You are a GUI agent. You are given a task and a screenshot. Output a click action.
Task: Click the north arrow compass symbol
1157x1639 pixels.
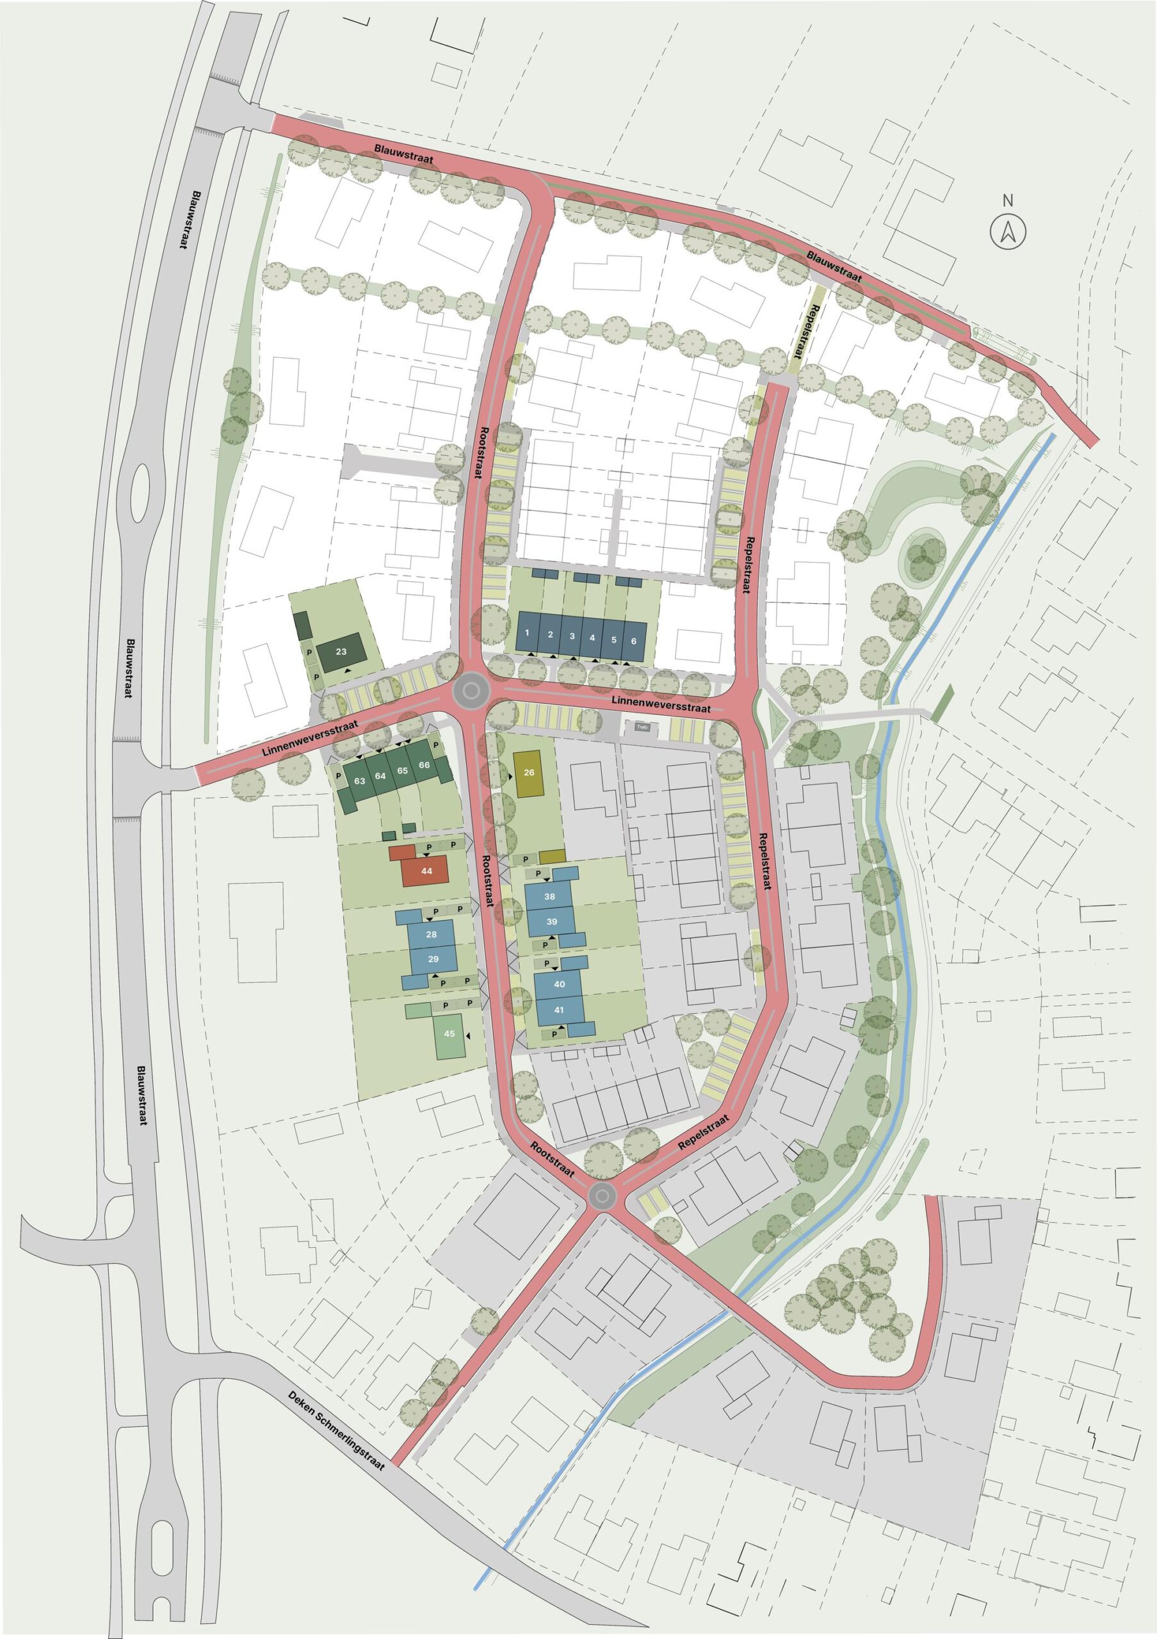tap(1007, 231)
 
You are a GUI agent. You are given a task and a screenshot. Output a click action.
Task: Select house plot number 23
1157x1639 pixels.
tap(341, 652)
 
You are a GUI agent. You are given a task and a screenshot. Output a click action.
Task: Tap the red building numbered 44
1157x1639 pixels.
tap(426, 870)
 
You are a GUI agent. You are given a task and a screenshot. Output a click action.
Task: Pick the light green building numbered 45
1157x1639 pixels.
tap(449, 1033)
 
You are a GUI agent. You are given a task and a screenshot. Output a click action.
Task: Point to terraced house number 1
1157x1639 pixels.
tap(528, 634)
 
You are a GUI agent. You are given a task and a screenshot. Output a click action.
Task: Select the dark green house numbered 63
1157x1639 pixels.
tap(359, 782)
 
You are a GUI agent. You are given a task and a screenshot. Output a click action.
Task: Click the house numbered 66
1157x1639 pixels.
tap(425, 765)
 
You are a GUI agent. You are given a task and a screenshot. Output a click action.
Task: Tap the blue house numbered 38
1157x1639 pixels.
tap(549, 896)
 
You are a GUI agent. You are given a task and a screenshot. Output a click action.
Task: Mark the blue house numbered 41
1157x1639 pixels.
tap(559, 1010)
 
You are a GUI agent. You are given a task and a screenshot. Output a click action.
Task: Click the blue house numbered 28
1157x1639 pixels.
tap(431, 935)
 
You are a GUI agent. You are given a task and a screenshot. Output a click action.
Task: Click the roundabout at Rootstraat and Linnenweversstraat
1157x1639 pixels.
tap(471, 690)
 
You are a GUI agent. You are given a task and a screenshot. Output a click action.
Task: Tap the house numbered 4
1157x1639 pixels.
tap(592, 637)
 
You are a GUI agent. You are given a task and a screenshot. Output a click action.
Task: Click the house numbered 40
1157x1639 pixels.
tap(559, 985)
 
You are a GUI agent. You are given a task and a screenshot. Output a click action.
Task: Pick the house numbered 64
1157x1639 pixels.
tap(380, 776)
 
